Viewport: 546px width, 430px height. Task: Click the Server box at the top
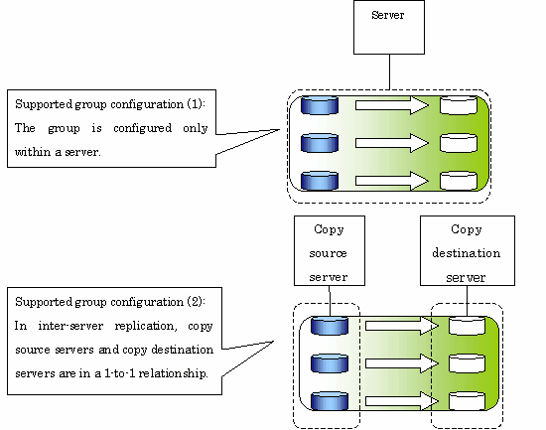(389, 27)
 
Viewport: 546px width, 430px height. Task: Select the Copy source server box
(330, 250)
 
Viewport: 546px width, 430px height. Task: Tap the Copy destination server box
(468, 250)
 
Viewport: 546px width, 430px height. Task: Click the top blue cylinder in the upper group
(320, 105)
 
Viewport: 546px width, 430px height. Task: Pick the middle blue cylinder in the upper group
(320, 143)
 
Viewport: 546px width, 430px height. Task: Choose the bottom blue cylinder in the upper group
(320, 181)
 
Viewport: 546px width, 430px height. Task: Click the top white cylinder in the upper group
(459, 105)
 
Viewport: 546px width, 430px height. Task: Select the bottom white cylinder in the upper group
(459, 181)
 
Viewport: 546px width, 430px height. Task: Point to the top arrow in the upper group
(392, 105)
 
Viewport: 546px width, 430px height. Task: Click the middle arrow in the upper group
(392, 143)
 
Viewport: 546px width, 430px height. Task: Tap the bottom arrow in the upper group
(392, 181)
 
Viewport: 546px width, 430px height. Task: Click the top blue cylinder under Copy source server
(329, 326)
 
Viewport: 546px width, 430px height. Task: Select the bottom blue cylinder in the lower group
(329, 401)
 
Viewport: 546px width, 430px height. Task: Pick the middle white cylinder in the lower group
(467, 363)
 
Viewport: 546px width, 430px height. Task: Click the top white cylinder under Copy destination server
(467, 326)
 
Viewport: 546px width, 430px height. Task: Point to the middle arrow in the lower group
(402, 363)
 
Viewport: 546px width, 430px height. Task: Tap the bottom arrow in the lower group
(402, 401)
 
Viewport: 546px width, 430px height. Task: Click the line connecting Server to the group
(389, 72)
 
